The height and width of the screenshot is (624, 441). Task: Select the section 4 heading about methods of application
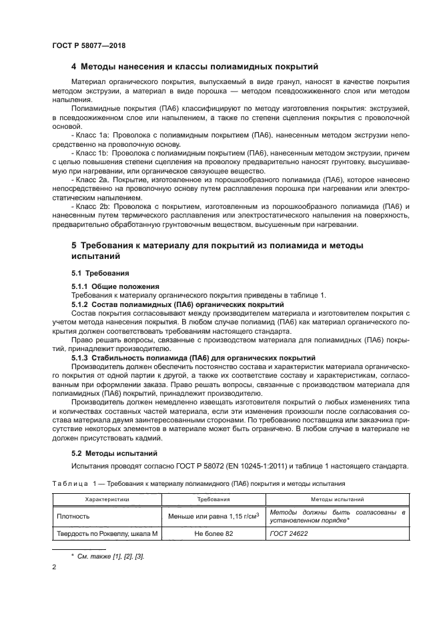pos(195,67)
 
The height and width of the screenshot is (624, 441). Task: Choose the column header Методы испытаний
pos(346,499)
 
